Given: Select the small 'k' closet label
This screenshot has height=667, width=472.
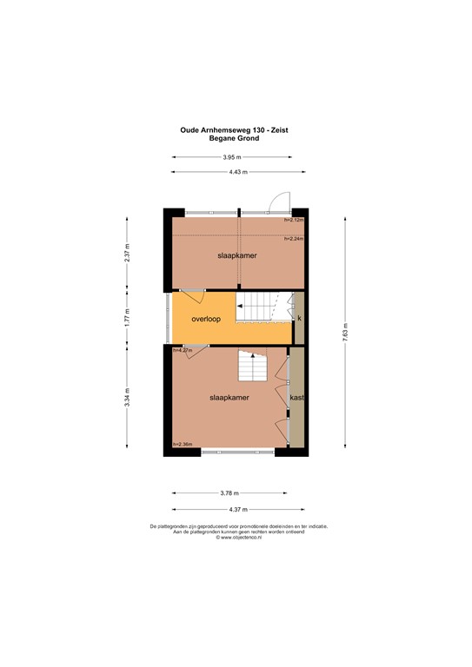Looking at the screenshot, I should click(299, 319).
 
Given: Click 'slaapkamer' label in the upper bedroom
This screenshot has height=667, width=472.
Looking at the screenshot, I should click(234, 256).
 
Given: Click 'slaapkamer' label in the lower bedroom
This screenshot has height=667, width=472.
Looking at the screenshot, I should click(229, 397).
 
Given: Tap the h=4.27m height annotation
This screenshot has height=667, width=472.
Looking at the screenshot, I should click(183, 351).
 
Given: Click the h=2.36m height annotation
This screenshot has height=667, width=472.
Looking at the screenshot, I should click(183, 445).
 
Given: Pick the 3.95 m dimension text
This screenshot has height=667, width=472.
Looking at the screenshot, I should click(231, 157).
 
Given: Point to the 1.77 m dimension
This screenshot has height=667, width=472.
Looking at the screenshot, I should click(127, 317).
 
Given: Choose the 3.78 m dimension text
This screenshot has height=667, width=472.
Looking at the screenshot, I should click(230, 493).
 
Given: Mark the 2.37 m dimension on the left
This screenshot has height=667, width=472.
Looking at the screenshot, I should click(127, 252).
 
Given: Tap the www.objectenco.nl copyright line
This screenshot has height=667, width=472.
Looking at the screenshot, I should click(239, 538).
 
